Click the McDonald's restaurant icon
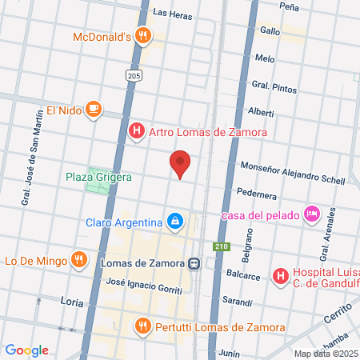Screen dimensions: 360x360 142,35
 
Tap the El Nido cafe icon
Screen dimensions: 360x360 94,110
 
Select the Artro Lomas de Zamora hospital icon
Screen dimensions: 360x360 137,130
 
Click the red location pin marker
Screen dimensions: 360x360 180,163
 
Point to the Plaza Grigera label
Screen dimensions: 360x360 98,176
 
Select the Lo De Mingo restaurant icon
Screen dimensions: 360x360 78,259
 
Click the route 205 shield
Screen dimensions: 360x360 134,74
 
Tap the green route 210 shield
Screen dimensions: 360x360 218,246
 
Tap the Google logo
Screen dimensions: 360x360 26,350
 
